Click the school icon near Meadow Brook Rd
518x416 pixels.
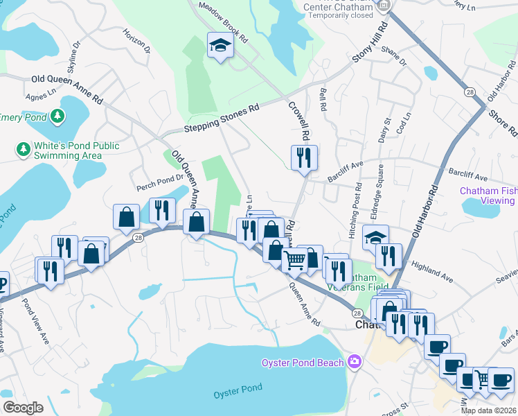pyautogui.click(x=220, y=46)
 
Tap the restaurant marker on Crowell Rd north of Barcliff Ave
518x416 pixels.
pyautogui.click(x=305, y=158)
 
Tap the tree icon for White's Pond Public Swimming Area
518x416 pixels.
pyautogui.click(x=23, y=149)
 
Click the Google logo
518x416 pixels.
pyautogui.click(x=23, y=407)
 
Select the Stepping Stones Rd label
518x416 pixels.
pyautogui.click(x=221, y=119)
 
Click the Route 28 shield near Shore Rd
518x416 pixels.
pyautogui.click(x=470, y=92)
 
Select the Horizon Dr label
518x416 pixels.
pyautogui.click(x=136, y=42)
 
